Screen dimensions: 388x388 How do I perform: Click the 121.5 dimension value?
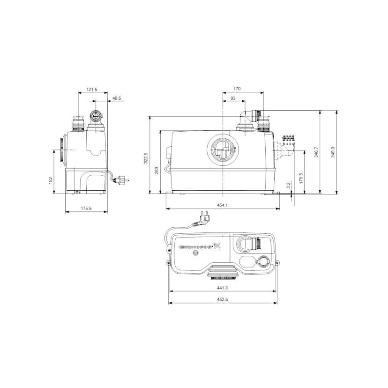tap(92, 90)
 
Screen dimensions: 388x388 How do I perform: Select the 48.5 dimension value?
tap(117, 98)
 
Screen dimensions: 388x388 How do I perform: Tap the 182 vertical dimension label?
tap(51, 180)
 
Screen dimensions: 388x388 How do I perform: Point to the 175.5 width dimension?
tap(86, 209)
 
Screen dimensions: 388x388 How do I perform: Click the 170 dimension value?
tap(237, 89)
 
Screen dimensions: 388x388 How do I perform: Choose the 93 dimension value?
tap(233, 98)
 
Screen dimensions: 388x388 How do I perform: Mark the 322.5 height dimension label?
tap(145, 158)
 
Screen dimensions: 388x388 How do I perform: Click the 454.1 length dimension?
tap(223, 204)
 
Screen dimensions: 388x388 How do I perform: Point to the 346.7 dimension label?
tap(316, 152)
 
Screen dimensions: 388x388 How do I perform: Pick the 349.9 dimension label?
tap(333, 152)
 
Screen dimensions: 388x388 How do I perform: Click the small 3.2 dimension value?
tap(289, 186)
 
